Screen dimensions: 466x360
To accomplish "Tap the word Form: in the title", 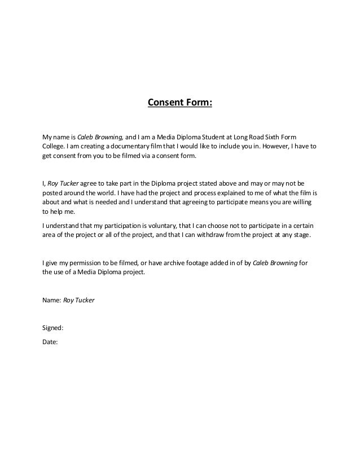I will [x=199, y=103].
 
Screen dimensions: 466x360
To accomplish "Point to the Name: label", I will [x=52, y=300].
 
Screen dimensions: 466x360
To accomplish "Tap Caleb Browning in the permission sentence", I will [x=275, y=262].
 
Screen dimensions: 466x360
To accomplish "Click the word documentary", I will [x=132, y=147].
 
